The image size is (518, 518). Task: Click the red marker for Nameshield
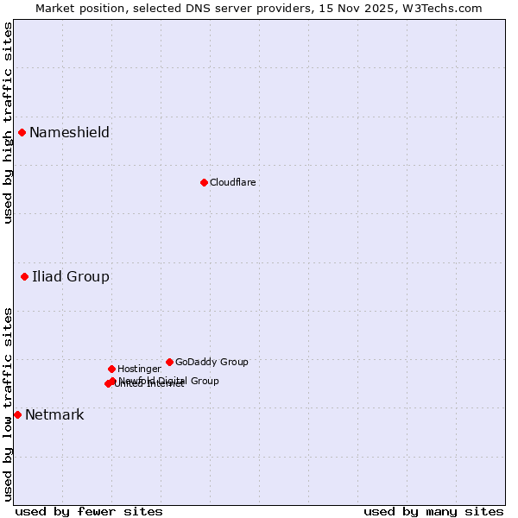tap(22, 132)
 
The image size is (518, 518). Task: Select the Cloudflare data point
tap(204, 182)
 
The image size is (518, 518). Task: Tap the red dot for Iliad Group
tap(24, 276)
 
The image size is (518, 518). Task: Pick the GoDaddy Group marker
tap(169, 362)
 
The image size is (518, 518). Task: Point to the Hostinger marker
tap(111, 369)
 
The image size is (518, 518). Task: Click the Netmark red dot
tap(17, 414)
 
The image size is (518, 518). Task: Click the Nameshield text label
tap(69, 132)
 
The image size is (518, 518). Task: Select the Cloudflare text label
tap(232, 182)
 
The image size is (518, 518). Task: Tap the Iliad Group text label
tap(71, 276)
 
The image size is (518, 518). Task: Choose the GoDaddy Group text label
tap(212, 362)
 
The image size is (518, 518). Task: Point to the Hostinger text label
tap(139, 369)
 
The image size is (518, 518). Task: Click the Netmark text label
tap(54, 414)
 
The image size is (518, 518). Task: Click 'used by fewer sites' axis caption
tap(89, 511)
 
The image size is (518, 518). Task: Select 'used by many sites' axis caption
tap(433, 511)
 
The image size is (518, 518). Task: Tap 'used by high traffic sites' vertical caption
tap(8, 123)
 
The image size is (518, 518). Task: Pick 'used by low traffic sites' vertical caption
tap(8, 404)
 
